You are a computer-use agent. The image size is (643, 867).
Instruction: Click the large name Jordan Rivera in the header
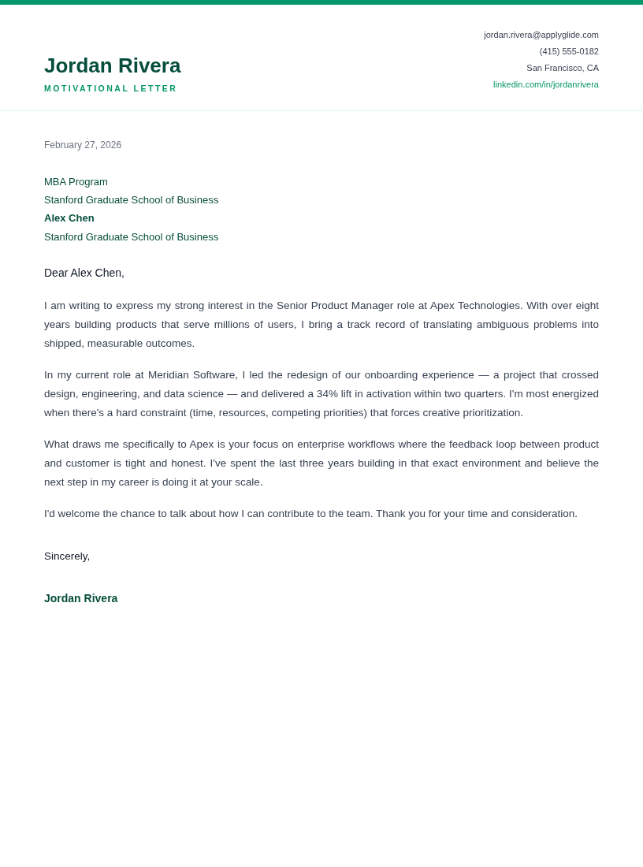(x=112, y=65)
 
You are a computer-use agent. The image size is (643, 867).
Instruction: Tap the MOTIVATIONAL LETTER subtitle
(x=110, y=88)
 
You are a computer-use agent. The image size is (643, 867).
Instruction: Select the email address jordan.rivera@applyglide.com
(x=541, y=35)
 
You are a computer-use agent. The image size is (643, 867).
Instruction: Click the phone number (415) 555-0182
(x=568, y=51)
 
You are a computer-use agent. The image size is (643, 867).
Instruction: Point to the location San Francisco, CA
(x=562, y=68)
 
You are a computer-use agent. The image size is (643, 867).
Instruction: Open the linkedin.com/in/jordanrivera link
(x=545, y=84)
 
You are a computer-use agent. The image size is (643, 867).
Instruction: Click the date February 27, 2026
(x=83, y=145)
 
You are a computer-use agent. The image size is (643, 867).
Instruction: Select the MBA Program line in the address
(x=76, y=181)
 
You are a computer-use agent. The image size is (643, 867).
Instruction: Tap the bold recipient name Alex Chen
(x=69, y=218)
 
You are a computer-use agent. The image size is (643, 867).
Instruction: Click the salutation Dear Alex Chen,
(x=84, y=273)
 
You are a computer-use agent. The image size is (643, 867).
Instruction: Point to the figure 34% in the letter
(x=327, y=394)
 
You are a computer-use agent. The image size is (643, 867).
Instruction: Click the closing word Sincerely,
(x=67, y=556)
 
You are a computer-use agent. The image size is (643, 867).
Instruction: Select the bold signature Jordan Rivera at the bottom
(x=80, y=598)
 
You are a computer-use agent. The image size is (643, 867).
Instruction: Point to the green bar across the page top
(x=321, y=2)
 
